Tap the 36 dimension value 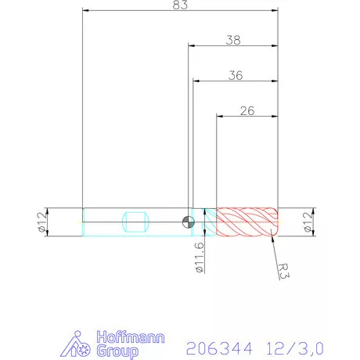[234, 75]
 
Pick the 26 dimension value [247, 111]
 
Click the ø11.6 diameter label [200, 257]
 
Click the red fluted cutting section [247, 222]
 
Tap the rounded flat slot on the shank [136, 222]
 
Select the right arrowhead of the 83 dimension [275, 11]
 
